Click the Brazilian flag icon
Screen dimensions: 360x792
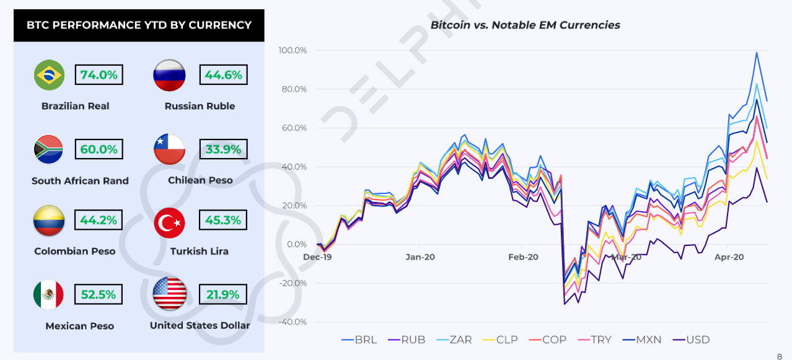click(50, 76)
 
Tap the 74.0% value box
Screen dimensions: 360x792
click(99, 75)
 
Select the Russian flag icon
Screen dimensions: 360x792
click(169, 76)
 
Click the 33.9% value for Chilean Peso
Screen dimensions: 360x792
click(223, 149)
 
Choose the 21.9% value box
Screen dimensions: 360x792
click(223, 294)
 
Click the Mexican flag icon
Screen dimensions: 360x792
click(48, 294)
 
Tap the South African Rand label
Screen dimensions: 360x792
click(80, 181)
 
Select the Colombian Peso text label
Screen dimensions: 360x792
click(75, 251)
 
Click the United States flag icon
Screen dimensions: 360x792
click(169, 294)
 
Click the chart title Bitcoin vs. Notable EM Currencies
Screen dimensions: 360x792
click(525, 25)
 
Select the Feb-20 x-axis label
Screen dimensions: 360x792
click(523, 257)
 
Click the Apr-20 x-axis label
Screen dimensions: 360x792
click(729, 257)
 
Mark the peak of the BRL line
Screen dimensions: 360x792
click(757, 53)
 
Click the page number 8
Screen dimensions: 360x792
click(779, 356)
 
